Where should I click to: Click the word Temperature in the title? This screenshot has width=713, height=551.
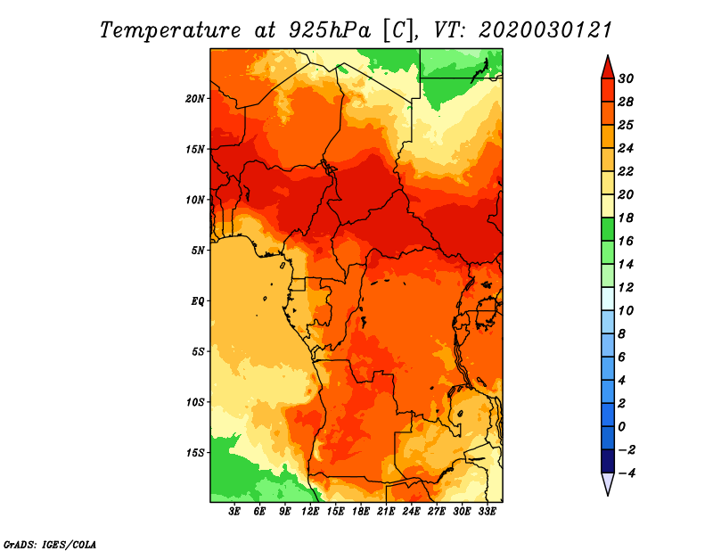click(169, 30)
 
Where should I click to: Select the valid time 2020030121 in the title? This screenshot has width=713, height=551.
click(545, 30)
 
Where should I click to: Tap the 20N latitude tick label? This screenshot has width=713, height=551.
click(195, 98)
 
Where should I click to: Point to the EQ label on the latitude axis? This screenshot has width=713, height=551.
click(198, 301)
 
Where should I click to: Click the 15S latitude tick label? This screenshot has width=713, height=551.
click(195, 453)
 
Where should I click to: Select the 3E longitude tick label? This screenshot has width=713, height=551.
click(234, 512)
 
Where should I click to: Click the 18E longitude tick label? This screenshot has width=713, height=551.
click(361, 512)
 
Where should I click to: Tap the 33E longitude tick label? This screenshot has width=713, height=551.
click(487, 512)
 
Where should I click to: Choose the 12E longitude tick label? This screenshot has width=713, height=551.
click(310, 512)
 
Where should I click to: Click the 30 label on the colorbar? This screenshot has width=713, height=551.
click(626, 78)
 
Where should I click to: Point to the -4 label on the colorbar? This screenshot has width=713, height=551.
click(627, 473)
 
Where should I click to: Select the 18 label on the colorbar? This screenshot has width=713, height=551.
click(626, 218)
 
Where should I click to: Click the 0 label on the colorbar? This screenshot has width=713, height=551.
click(621, 427)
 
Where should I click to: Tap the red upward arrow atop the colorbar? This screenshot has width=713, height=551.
click(608, 68)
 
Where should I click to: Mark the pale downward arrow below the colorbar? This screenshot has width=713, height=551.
click(608, 483)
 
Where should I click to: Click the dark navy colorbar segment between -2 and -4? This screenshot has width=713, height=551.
click(608, 461)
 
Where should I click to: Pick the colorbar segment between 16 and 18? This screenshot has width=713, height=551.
click(608, 229)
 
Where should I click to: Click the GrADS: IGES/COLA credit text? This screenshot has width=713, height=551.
click(50, 545)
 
